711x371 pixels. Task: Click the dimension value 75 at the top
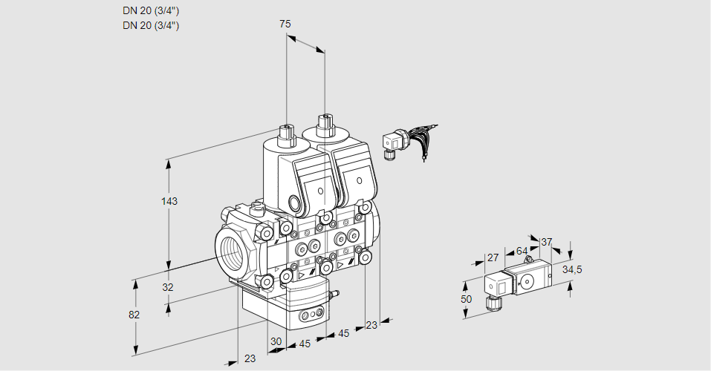tap(285, 24)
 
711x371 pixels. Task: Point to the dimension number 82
tap(134, 315)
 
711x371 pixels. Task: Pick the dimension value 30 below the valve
tap(276, 342)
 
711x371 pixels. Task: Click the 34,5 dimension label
tap(572, 269)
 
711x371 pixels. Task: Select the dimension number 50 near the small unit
tap(466, 298)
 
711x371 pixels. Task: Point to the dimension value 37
tap(546, 242)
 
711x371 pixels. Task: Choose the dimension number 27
tap(492, 258)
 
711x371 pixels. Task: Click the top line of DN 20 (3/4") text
tap(151, 10)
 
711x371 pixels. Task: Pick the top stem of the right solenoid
tap(324, 123)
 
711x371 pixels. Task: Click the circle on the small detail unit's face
tap(527, 281)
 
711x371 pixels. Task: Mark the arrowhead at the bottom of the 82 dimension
tap(136, 351)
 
